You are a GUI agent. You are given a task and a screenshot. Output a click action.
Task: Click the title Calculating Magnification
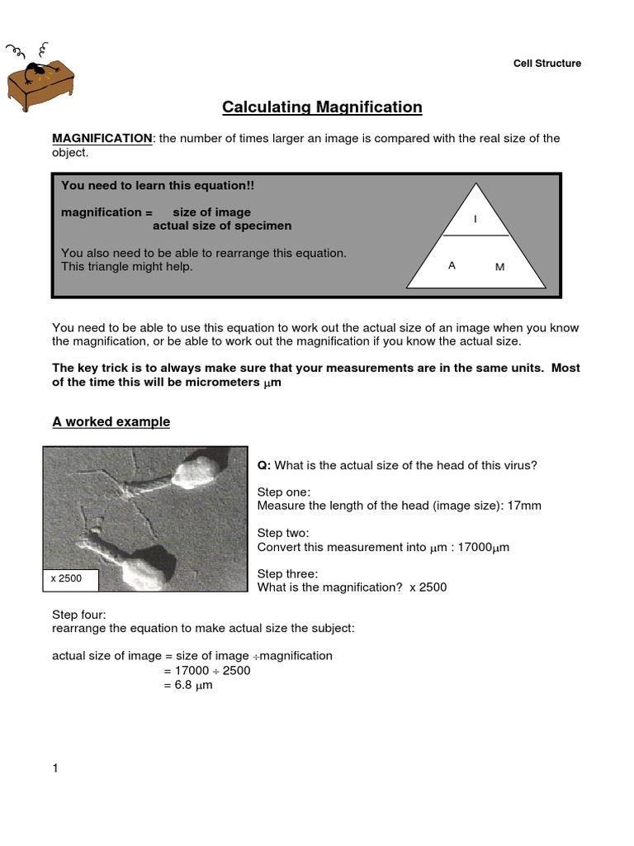[322, 107]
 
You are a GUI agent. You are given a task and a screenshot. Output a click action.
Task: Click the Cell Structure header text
[547, 64]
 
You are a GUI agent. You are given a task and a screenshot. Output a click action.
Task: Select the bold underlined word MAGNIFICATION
[102, 138]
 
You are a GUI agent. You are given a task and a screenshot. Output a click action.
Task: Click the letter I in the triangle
[475, 219]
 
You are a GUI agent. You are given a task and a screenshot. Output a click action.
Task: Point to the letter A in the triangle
[452, 265]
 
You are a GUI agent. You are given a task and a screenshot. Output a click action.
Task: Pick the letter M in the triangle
[499, 267]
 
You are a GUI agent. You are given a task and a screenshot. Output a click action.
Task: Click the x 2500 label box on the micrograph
[70, 579]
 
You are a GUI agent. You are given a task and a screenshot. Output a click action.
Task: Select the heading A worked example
[111, 422]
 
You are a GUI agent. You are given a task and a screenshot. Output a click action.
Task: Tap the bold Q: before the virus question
[264, 465]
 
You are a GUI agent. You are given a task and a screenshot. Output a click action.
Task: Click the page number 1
[55, 769]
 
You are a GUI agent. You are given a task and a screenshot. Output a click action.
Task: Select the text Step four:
[78, 614]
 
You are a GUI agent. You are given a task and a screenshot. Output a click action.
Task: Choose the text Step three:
[287, 573]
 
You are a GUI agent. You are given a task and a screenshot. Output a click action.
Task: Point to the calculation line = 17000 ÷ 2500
[206, 670]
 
